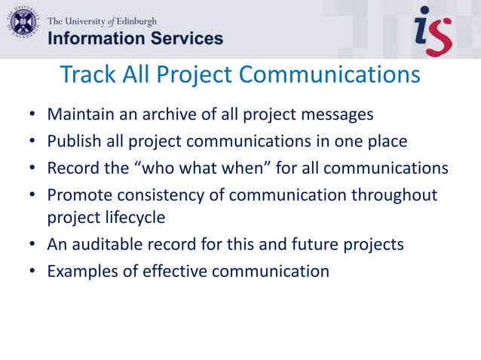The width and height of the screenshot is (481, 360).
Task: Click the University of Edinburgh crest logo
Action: coord(23,23)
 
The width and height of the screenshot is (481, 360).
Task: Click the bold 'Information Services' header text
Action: coord(136,38)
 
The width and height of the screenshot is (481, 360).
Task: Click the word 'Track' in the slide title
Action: coord(84,75)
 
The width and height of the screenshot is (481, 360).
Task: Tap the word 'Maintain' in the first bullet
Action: coord(78,115)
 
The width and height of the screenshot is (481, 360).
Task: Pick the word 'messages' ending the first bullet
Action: coord(336,115)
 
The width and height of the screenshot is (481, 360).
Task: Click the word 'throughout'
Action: coord(397,194)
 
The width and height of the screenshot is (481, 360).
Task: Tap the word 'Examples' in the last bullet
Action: coord(81,271)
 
